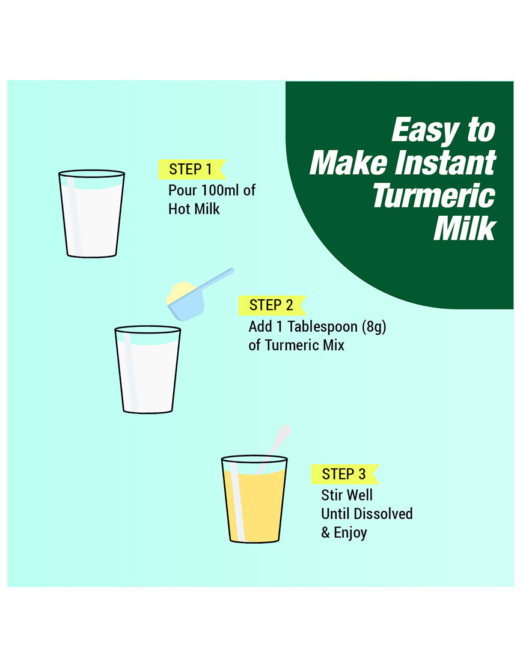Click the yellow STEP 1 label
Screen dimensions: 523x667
coord(192,169)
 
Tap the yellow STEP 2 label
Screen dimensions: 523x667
coord(272,305)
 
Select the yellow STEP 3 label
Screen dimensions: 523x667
coord(344,474)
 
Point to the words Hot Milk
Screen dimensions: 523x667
coord(194,209)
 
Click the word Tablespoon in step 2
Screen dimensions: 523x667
coord(323,327)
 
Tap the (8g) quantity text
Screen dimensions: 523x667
coord(374,327)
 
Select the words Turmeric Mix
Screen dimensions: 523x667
coord(304,345)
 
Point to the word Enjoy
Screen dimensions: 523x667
coord(350,532)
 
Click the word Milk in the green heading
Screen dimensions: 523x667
coord(465,228)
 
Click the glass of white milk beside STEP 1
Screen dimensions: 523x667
coord(91,213)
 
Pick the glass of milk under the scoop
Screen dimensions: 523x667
coord(148,369)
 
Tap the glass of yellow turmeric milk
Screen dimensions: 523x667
coord(254,499)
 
